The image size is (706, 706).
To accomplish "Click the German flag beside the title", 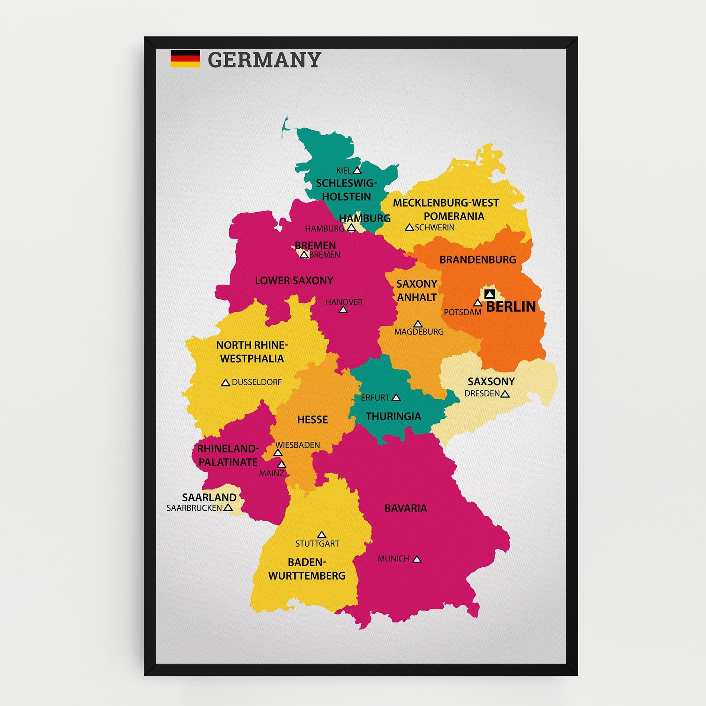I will tap(185, 59).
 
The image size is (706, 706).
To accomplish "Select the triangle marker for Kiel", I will tap(357, 171).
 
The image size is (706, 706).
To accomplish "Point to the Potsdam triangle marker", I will tap(477, 303).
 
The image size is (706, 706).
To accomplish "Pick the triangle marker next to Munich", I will tap(417, 559).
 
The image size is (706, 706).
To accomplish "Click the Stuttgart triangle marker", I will tap(322, 535).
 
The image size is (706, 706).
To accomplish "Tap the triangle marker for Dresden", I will tap(505, 394).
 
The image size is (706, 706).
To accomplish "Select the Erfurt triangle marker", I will tap(396, 398).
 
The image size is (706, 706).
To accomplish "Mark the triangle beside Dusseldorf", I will tap(225, 383).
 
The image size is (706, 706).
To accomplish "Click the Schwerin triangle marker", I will tap(409, 227).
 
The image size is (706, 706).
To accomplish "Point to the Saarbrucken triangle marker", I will tap(229, 507).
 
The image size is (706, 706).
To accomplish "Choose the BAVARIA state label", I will tap(406, 508).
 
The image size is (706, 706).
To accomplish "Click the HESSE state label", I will tap(312, 420).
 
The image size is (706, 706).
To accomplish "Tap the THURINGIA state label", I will tap(393, 416).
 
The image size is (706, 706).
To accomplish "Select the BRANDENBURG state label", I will tap(478, 259).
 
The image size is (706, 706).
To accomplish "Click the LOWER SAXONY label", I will tap(294, 280).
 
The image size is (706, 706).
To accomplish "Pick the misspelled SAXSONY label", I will tap(491, 381).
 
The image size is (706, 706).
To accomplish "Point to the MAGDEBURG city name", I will tap(419, 331).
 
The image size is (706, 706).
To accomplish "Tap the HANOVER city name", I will tap(344, 302).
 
